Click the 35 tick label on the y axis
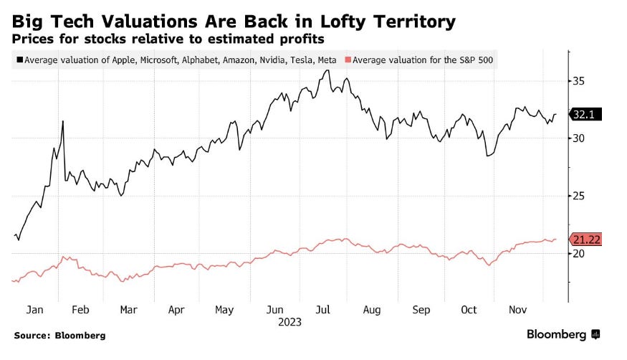click(x=579, y=81)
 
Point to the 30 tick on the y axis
click(x=579, y=138)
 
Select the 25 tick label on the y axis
click(x=579, y=196)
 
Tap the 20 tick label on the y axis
click(x=579, y=253)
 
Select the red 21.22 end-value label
click(x=585, y=240)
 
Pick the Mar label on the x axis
click(x=128, y=310)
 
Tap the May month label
click(x=225, y=310)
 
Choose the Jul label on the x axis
click(x=323, y=310)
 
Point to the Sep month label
click(x=421, y=310)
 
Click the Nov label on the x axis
click(x=517, y=310)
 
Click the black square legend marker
click(x=19, y=60)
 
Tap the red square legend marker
click(x=348, y=60)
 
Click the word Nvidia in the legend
click(x=267, y=60)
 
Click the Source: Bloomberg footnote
click(x=59, y=336)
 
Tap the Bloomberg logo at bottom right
click(x=563, y=334)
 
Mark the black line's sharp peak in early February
click(x=63, y=121)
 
